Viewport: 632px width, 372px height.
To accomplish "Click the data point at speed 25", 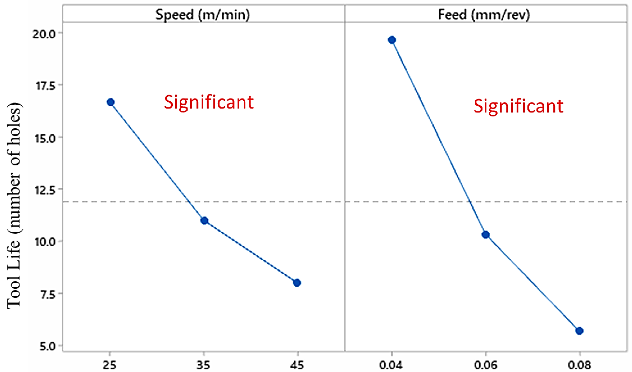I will pos(111,102).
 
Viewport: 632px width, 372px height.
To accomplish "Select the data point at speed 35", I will pos(204,221).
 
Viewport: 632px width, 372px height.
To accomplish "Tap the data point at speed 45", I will pos(297,283).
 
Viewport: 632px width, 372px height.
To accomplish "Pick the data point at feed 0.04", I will pos(392,40).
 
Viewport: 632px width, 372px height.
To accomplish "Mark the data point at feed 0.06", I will pos(486,235).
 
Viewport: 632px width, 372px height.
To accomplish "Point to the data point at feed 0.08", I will pos(579,331).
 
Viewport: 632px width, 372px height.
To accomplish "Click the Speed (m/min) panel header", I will pos(203,14).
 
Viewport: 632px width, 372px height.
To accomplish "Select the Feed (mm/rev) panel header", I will pos(484,14).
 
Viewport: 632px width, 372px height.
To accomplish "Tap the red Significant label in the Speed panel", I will pos(209,102).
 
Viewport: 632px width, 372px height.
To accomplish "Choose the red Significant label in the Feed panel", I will pos(518,106).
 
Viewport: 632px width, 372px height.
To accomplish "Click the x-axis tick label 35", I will pos(203,365).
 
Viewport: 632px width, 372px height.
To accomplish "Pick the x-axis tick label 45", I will pos(297,365).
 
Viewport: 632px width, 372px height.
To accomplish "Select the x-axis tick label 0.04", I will pos(391,365).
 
